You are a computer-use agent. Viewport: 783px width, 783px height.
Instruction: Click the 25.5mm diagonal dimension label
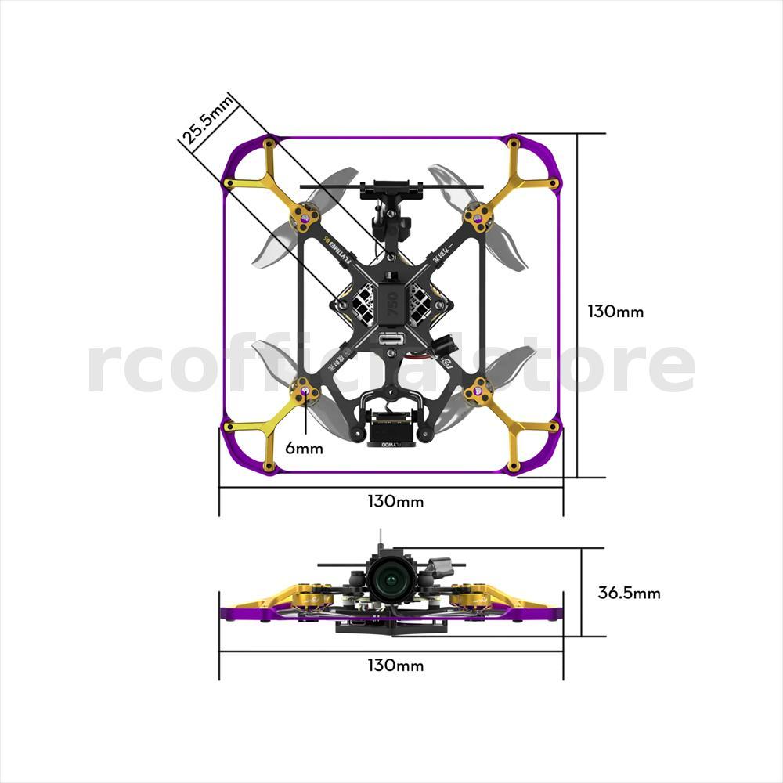[x=207, y=120]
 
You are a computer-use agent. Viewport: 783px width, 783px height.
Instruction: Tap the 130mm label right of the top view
[x=615, y=311]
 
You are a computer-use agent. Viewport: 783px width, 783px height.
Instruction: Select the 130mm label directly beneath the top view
[x=395, y=501]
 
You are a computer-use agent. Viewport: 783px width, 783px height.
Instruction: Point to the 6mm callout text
[x=304, y=449]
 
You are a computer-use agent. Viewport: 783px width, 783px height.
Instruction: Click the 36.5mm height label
[x=629, y=593]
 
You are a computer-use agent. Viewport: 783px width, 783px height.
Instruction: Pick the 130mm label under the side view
[x=395, y=666]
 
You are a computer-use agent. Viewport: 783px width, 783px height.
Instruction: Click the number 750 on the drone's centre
[x=391, y=309]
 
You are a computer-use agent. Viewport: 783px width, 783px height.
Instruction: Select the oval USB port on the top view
[x=391, y=341]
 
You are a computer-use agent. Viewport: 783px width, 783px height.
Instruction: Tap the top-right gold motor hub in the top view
[x=478, y=213]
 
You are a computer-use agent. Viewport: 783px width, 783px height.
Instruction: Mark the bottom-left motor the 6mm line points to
[x=305, y=389]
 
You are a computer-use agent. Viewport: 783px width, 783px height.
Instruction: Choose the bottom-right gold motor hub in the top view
[x=478, y=389]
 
